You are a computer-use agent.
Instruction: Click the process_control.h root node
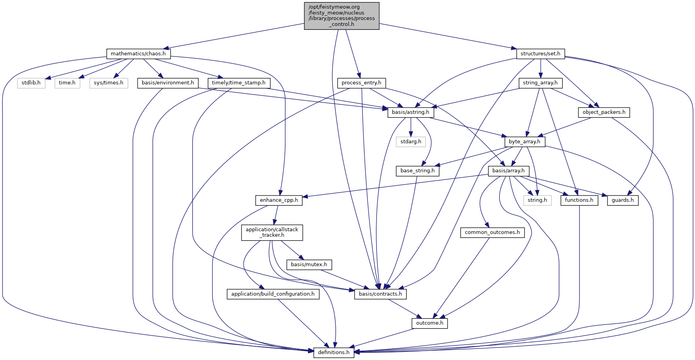coord(342,16)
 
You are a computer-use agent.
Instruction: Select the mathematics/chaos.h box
coord(138,54)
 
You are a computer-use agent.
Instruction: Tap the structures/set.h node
coord(540,54)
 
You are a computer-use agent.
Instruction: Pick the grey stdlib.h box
coord(31,83)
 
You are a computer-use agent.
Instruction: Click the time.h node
coord(67,83)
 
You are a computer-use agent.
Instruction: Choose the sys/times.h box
coord(108,83)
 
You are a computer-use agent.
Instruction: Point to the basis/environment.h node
coord(168,83)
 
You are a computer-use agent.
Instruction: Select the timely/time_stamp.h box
coord(239,83)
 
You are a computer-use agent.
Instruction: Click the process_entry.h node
coord(361,83)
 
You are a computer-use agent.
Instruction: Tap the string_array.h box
coord(540,83)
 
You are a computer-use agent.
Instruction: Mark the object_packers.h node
coord(604,112)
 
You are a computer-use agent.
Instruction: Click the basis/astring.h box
coord(411,112)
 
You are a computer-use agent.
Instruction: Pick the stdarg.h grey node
coord(411,141)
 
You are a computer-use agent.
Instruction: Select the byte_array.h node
coord(525,141)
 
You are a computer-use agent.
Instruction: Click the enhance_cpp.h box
coord(279,200)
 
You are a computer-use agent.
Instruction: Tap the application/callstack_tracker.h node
coord(272,232)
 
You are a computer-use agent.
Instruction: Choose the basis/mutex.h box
coord(309,265)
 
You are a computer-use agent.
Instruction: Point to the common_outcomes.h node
coord(492,232)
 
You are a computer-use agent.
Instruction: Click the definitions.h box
coord(334,352)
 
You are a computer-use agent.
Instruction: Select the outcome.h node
coord(430,323)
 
